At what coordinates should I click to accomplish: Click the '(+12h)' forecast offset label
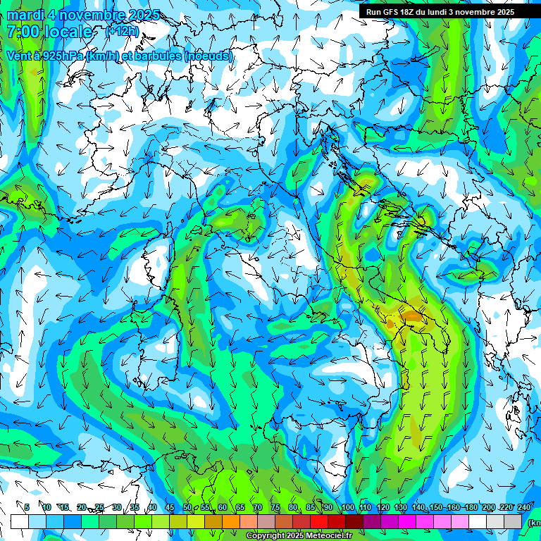[121, 32]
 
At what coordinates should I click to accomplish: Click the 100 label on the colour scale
[348, 507]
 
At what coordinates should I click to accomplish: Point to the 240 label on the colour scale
[523, 507]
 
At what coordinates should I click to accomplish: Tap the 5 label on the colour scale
[27, 507]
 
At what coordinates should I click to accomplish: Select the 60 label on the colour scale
[222, 507]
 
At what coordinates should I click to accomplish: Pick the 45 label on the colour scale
[169, 507]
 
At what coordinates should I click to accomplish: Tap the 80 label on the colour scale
[292, 507]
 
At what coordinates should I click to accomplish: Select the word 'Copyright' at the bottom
[266, 536]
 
